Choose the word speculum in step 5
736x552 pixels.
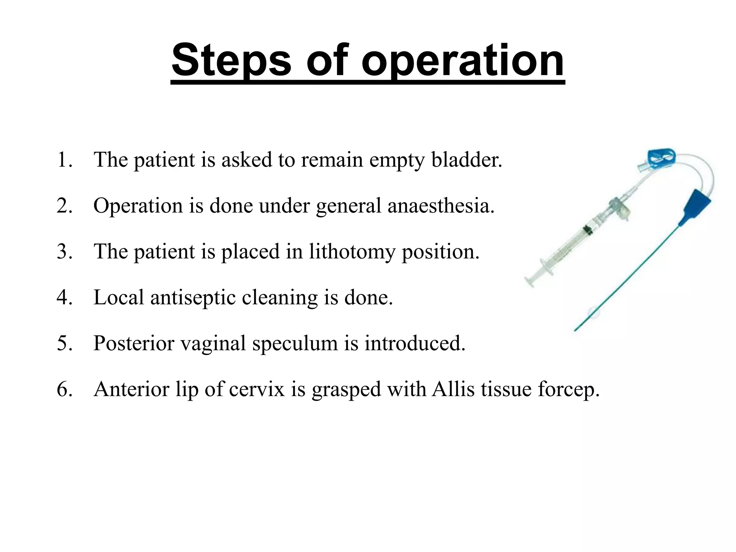click(295, 343)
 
